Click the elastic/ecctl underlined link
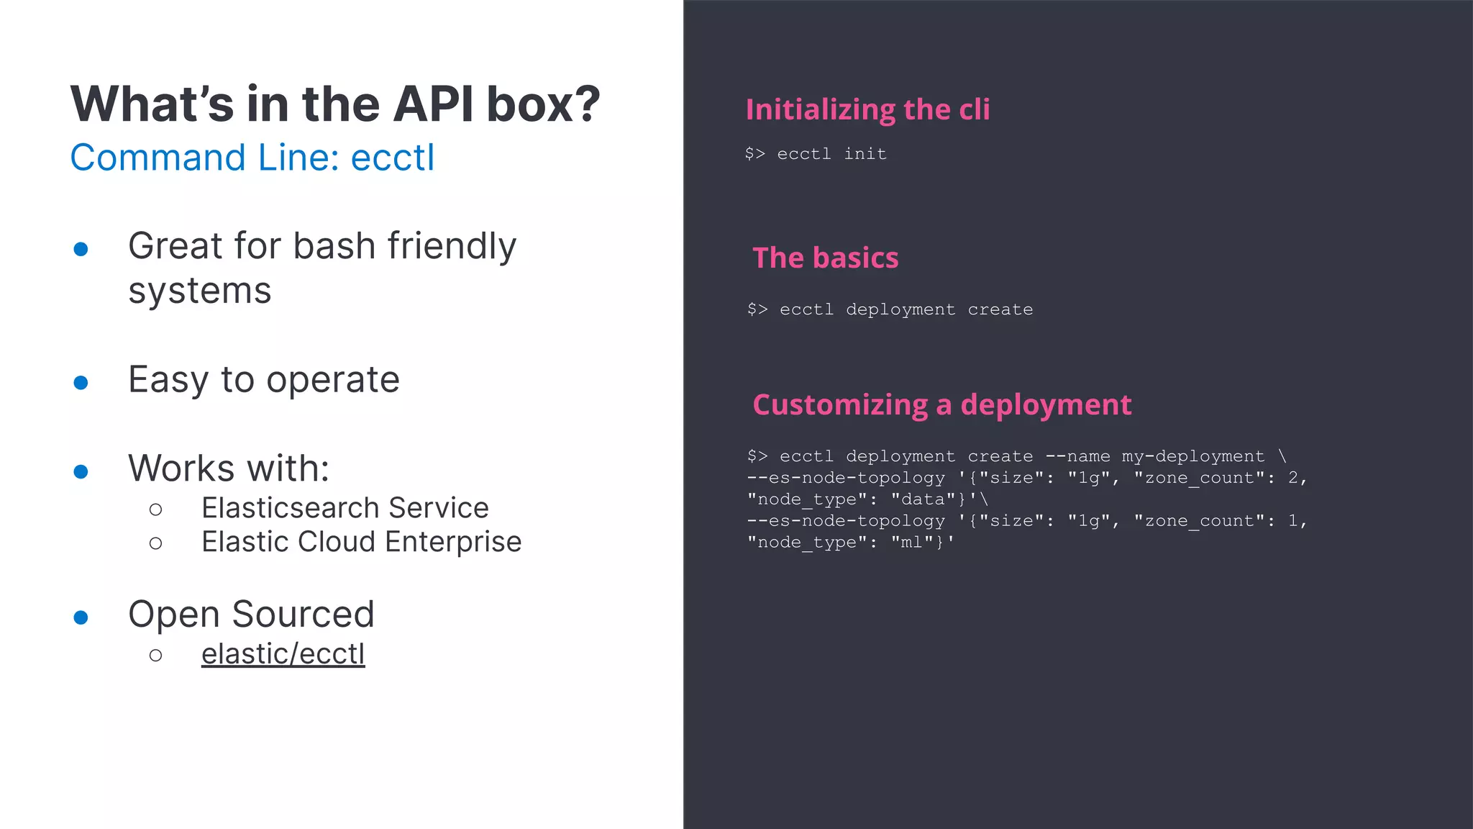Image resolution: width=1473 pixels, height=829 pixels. point(283,654)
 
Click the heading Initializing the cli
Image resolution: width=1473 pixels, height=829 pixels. point(867,109)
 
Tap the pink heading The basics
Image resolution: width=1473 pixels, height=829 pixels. point(825,258)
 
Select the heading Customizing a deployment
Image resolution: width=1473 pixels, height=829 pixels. point(941,404)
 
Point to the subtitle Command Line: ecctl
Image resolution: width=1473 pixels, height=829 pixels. point(252,158)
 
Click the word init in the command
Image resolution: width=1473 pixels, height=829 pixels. point(865,154)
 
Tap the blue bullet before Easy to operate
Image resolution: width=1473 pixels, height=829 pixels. point(81,382)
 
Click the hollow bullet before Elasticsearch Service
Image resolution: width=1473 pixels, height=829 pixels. point(156,509)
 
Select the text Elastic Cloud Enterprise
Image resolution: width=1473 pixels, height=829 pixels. point(361,542)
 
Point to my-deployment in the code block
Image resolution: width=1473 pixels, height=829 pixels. point(1192,456)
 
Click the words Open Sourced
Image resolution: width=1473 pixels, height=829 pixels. point(251,615)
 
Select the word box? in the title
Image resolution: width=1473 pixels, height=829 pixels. point(543,104)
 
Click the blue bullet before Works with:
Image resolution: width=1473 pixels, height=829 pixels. point(81,471)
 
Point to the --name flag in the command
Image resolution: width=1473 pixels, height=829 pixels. point(1077,456)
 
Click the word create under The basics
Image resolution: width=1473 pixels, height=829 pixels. point(1000,309)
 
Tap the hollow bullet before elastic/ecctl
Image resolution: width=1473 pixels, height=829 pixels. point(156,655)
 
